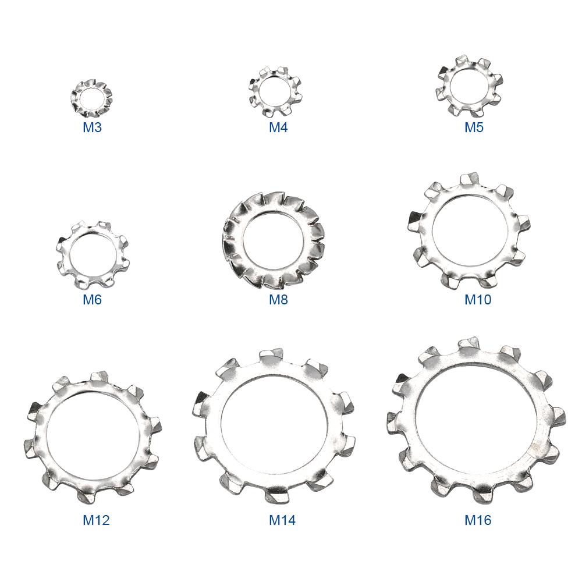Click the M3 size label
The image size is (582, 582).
point(92,127)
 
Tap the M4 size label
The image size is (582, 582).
point(278,127)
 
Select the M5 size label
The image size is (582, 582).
point(474,127)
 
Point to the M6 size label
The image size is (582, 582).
point(92,299)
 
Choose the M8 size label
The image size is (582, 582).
point(278,299)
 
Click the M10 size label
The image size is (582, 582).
point(478,299)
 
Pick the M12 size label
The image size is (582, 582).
point(96,520)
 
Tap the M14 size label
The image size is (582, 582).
point(282,520)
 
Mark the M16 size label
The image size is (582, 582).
point(478,520)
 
